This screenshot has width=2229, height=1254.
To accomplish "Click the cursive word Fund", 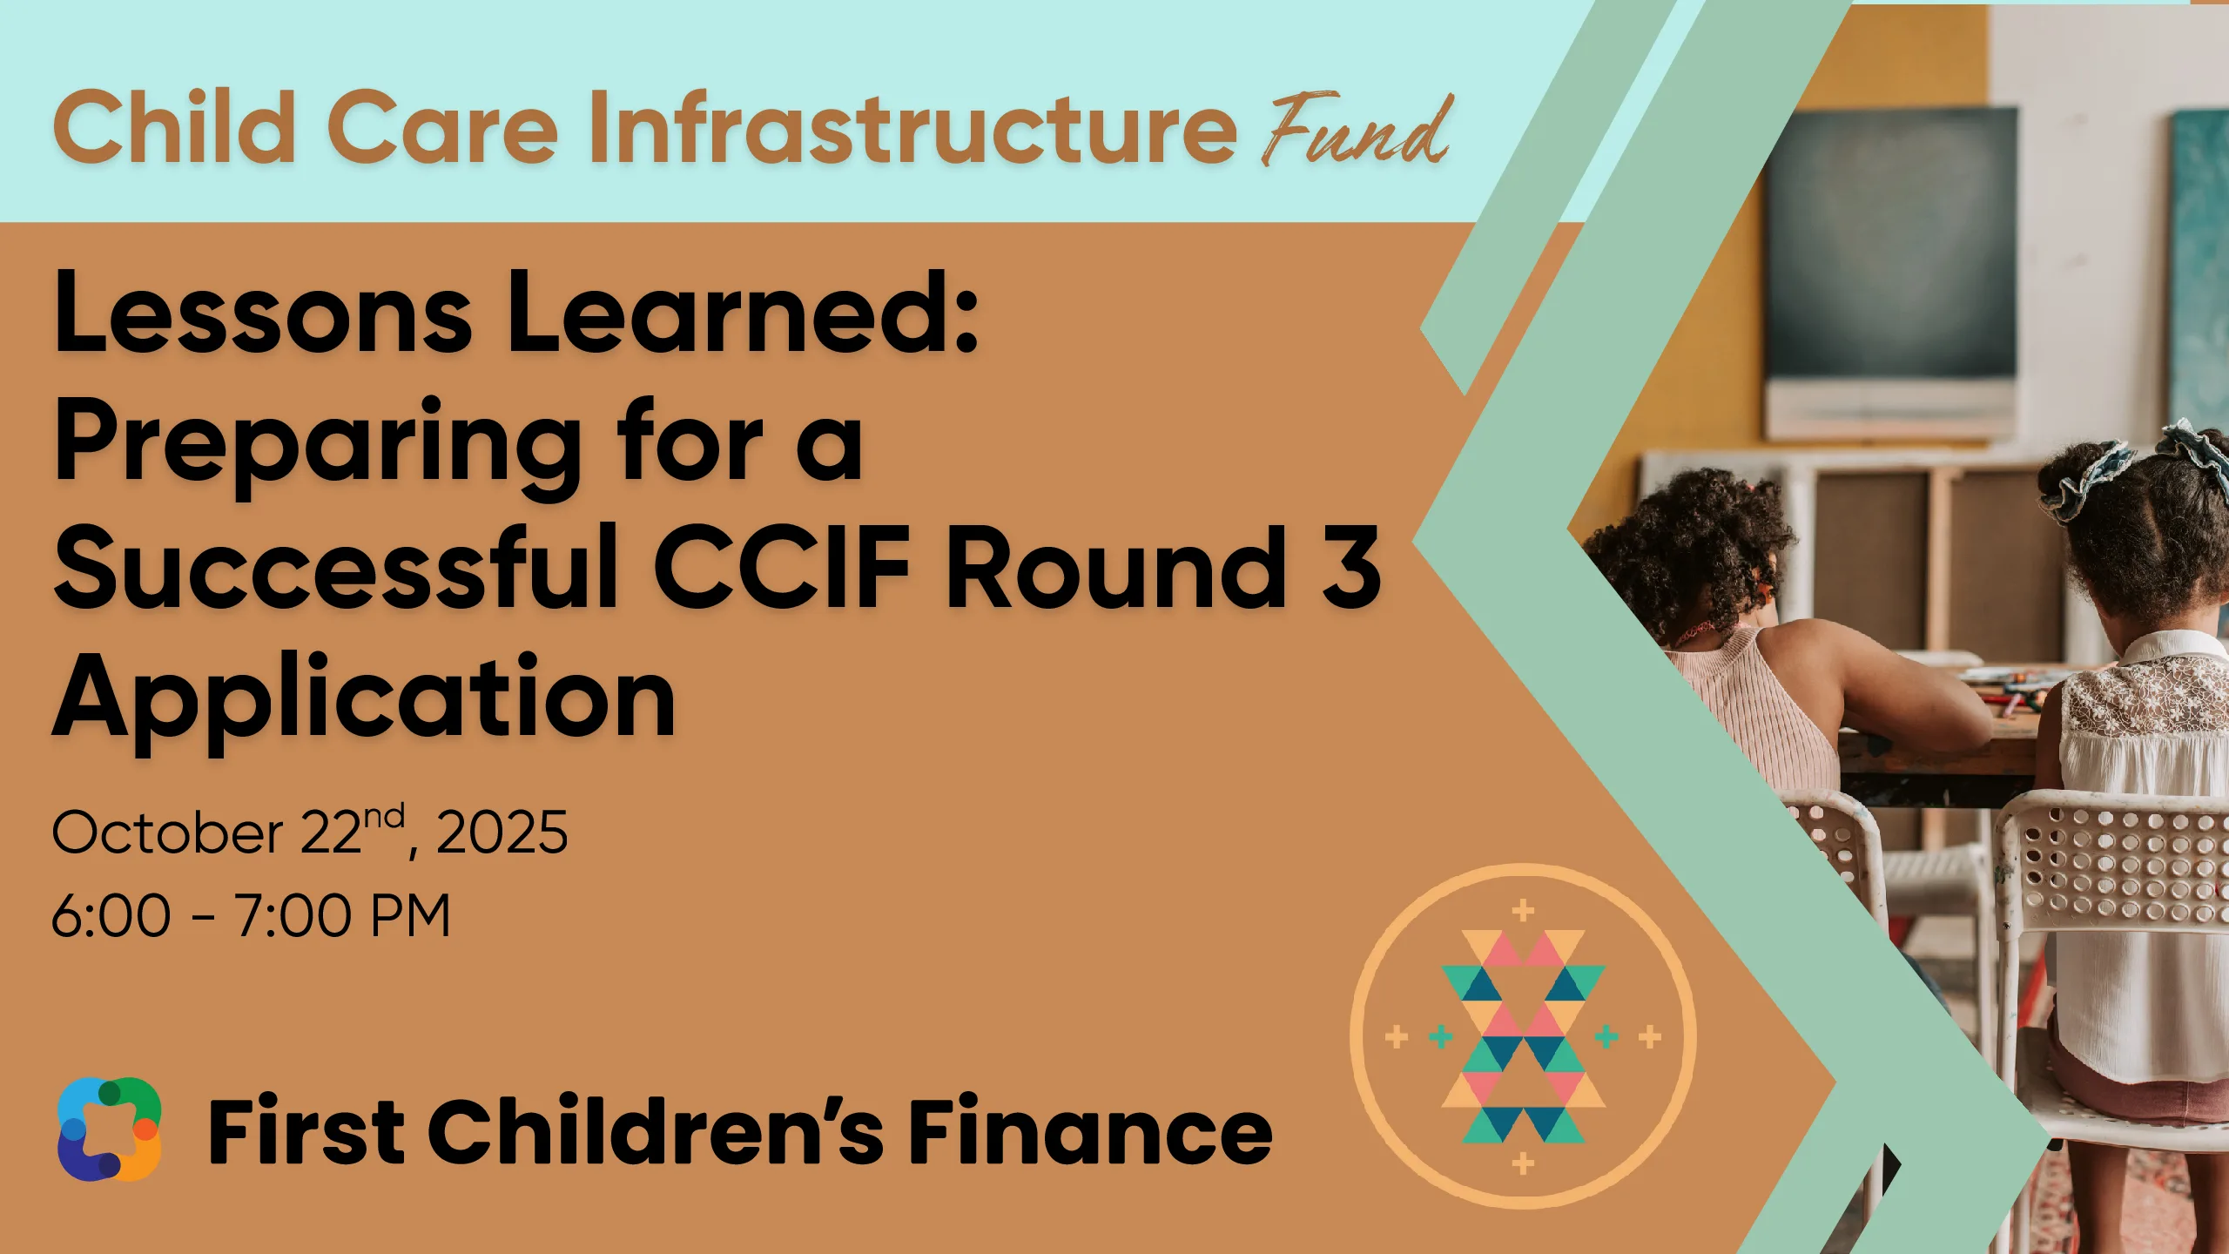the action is (1357, 131).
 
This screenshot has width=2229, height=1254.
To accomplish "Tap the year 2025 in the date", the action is (502, 832).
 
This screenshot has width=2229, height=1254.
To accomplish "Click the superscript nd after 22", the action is (384, 816).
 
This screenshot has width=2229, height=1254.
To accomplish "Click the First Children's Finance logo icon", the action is (109, 1129).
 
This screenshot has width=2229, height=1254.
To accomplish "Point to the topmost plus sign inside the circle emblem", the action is (1523, 911).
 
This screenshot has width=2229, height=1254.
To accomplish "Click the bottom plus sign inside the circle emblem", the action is (1523, 1163).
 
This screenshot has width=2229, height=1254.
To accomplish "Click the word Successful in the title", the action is (336, 568).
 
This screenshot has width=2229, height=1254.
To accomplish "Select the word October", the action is (168, 833).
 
